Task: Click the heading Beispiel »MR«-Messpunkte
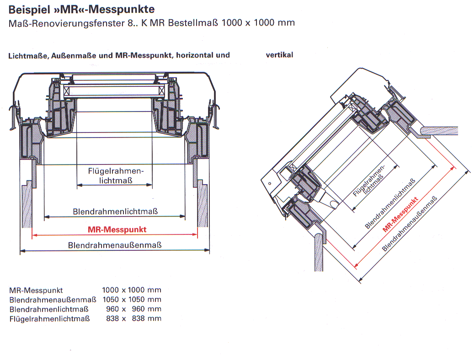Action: point(81,9)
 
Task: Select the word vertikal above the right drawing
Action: point(279,55)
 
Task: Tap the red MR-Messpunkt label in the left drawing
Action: point(117,229)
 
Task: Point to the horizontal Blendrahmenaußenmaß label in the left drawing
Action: point(115,245)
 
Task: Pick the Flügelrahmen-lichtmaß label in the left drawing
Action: point(116,175)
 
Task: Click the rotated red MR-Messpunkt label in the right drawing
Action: point(400,214)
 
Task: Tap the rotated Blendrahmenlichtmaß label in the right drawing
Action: point(390,203)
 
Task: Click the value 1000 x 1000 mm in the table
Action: point(132,290)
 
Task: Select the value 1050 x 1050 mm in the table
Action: point(132,300)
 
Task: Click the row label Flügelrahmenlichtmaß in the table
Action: point(49,318)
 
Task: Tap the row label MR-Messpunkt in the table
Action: point(36,290)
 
